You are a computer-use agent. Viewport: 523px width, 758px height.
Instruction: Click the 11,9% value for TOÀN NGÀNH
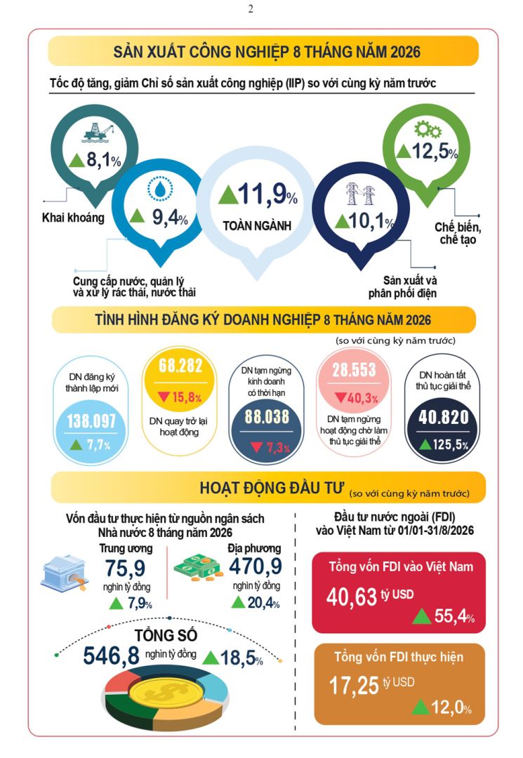coord(258,194)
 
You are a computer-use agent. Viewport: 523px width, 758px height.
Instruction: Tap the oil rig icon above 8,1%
coord(98,132)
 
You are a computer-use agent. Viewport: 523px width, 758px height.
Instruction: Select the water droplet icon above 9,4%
coord(160,189)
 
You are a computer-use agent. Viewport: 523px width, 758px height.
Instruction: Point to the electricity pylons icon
coord(361,194)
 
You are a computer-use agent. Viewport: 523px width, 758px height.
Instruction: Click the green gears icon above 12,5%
coord(428,130)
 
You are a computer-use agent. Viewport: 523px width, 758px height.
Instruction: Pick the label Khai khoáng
coord(73,218)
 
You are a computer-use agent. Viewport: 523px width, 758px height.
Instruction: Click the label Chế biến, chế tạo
coord(458,234)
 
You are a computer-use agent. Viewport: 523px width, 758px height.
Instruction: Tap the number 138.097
coord(91,421)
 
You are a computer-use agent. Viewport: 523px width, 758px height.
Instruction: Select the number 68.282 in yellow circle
coord(180,366)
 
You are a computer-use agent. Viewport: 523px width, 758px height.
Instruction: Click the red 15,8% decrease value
coord(180,397)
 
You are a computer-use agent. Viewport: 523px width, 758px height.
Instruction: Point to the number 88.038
coord(267,417)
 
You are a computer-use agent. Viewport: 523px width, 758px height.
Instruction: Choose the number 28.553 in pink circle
coord(354,371)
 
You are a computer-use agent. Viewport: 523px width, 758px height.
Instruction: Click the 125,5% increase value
coord(444,444)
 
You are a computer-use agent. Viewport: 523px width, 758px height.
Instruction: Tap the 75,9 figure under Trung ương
coord(125,568)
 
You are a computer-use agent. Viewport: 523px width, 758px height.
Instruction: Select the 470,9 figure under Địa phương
coord(256,566)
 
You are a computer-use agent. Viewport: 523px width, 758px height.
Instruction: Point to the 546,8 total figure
coord(111,656)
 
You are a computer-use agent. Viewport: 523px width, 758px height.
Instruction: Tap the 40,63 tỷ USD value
coord(370,597)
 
